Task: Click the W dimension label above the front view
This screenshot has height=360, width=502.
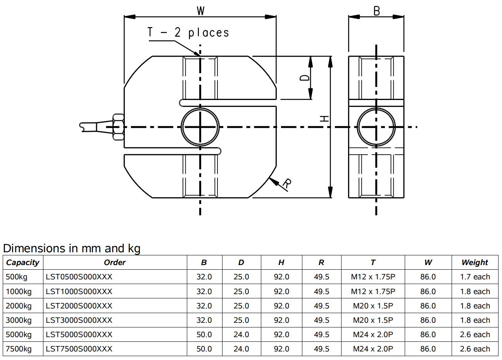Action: tap(200, 10)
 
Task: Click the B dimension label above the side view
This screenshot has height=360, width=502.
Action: tap(376, 11)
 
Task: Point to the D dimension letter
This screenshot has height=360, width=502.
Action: tap(305, 78)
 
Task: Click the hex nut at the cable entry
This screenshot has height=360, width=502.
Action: tap(118, 127)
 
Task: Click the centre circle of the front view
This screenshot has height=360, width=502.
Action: tap(200, 127)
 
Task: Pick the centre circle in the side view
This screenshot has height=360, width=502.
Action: tap(376, 127)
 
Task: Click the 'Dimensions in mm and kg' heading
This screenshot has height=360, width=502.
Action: tap(72, 248)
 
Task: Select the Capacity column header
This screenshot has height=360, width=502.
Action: tap(22, 262)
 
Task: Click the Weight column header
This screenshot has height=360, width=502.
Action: tap(474, 262)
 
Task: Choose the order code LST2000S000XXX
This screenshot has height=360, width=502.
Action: tap(79, 306)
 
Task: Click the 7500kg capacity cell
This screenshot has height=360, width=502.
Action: tap(19, 349)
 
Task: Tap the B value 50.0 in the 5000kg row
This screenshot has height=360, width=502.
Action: tap(204, 334)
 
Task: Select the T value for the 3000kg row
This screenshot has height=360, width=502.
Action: tap(373, 320)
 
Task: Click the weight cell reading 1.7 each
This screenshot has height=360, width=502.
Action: tap(474, 277)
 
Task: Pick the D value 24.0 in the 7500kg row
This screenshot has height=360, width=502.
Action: tap(241, 349)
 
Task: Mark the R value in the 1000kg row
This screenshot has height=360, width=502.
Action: tap(321, 291)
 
